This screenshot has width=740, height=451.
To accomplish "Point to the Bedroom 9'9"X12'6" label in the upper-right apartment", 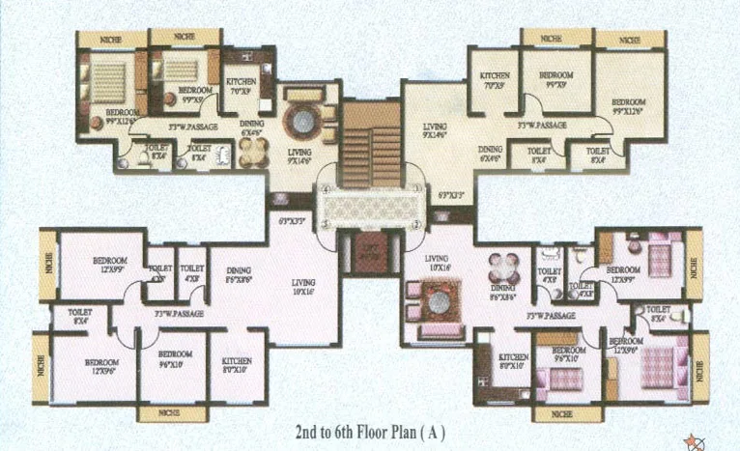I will [628, 105].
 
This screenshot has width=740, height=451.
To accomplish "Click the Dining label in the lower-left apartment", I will [238, 271].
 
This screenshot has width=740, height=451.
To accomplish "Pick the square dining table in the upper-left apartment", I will [254, 150].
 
